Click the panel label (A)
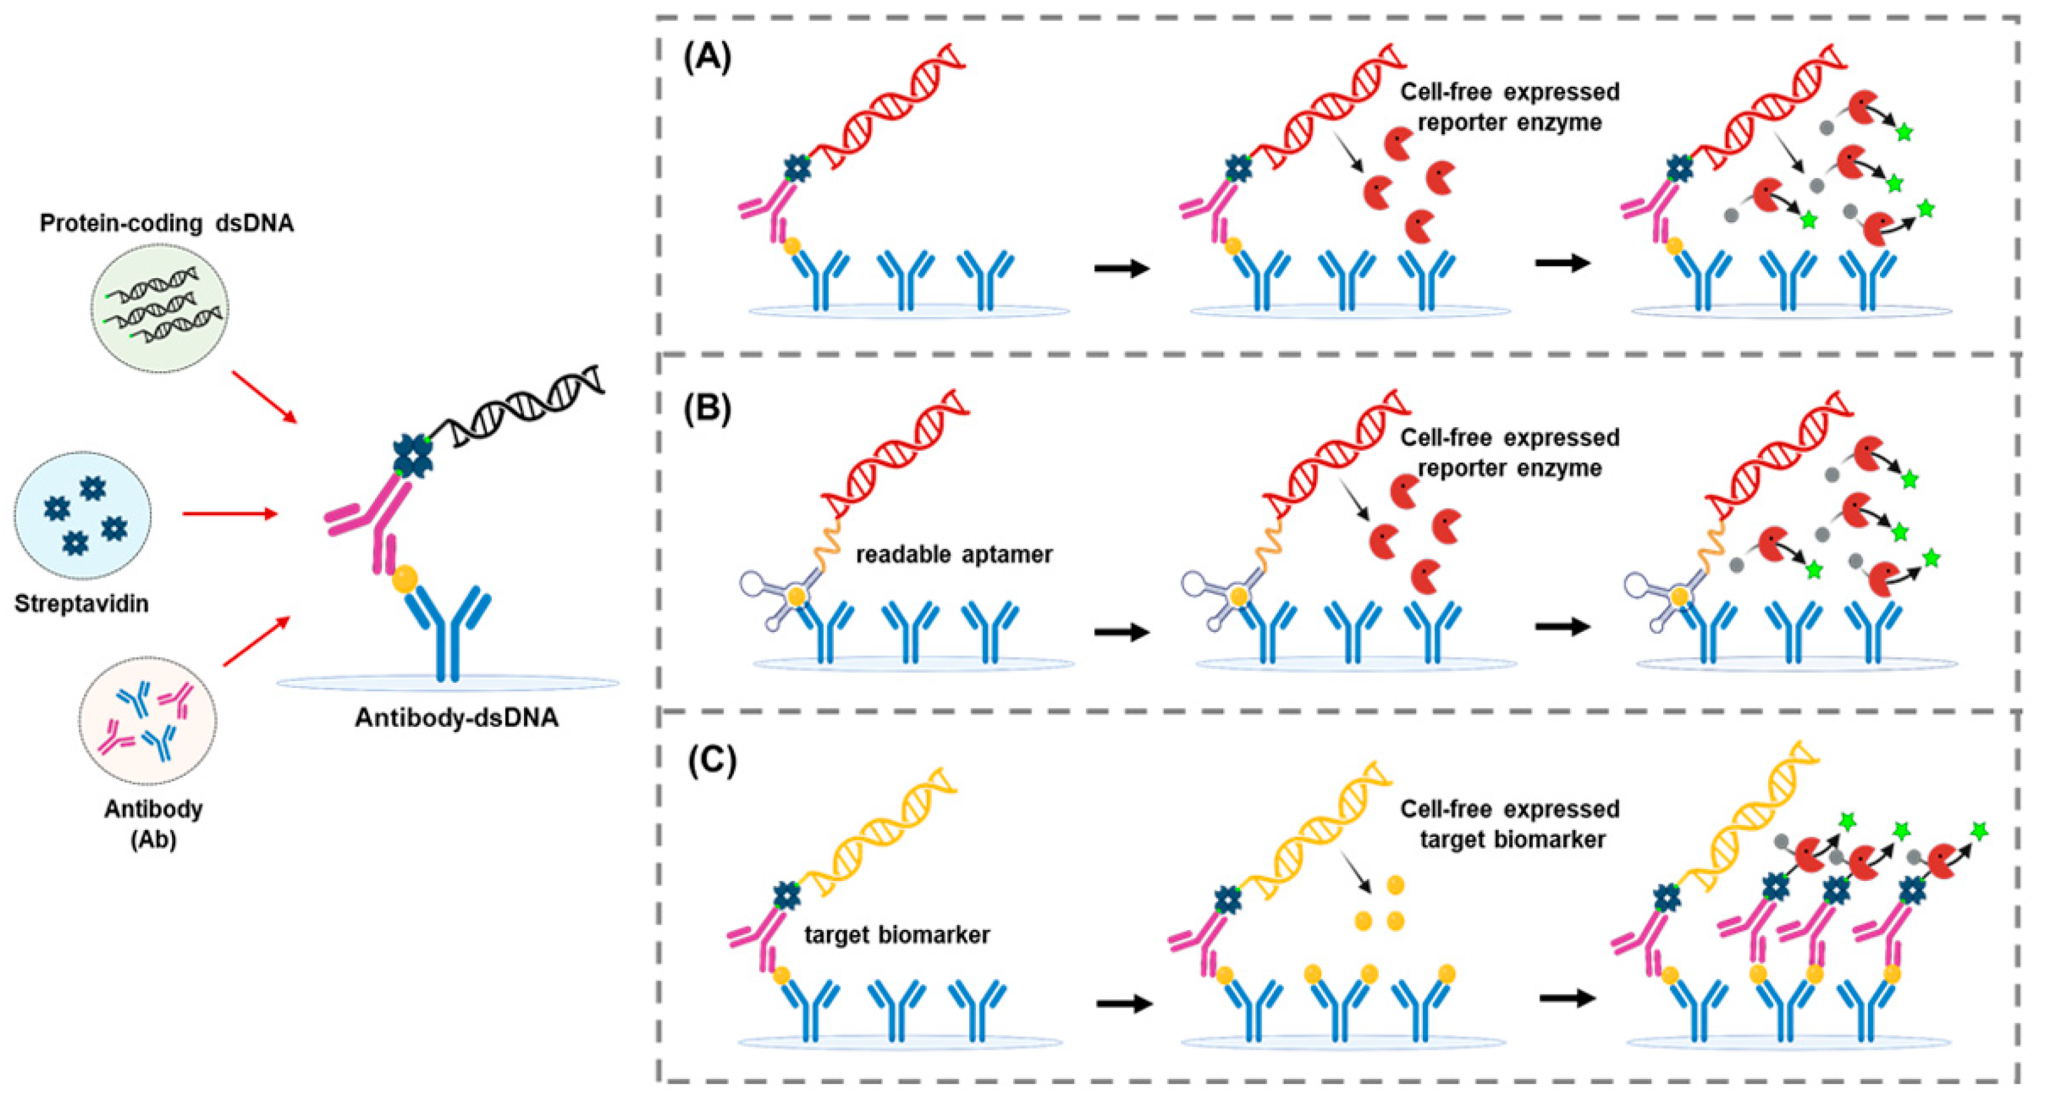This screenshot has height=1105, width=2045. click(x=707, y=58)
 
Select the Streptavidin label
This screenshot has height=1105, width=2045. click(x=82, y=604)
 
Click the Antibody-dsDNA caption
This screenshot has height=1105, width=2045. click(x=456, y=718)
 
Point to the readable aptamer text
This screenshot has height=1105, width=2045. click(x=954, y=554)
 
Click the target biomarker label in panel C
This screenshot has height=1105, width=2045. click(x=897, y=934)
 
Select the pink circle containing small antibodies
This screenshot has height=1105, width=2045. click(x=148, y=721)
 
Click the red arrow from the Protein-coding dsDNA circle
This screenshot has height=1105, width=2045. click(x=264, y=396)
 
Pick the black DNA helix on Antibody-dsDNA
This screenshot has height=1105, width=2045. click(x=524, y=405)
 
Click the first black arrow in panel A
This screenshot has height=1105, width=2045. click(x=1122, y=268)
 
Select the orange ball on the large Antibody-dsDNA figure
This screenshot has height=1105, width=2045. click(x=405, y=577)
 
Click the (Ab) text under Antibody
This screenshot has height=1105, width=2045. click(x=153, y=839)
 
